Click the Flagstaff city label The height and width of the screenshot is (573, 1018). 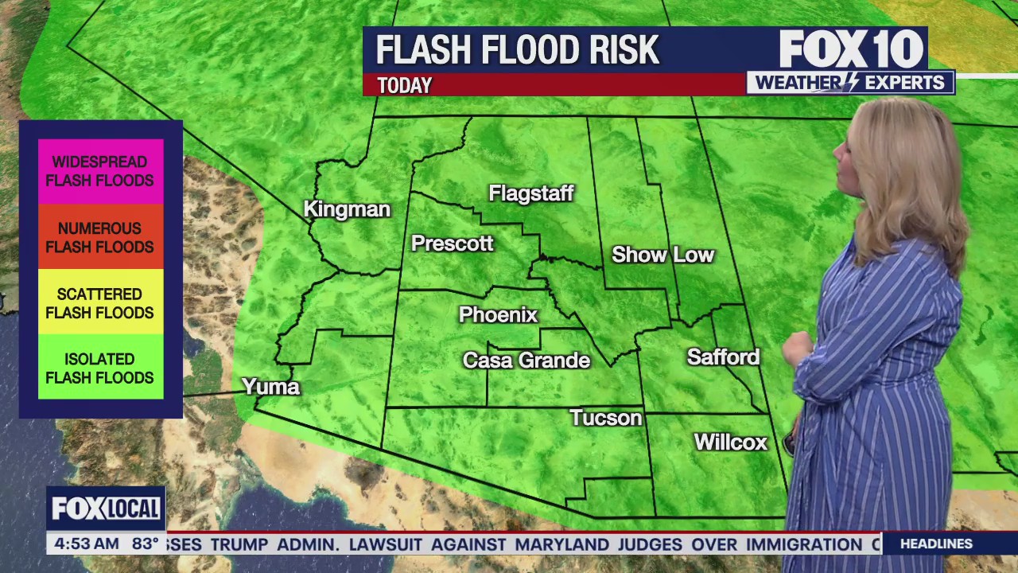pyautogui.click(x=530, y=193)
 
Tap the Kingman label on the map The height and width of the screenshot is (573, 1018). pyautogui.click(x=347, y=209)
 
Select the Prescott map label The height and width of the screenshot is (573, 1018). pyautogui.click(x=452, y=244)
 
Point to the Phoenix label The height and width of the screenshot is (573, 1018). pyautogui.click(x=498, y=315)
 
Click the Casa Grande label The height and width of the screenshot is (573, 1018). pyautogui.click(x=526, y=361)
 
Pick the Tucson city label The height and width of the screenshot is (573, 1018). pyautogui.click(x=605, y=418)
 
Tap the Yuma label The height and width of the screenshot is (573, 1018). pyautogui.click(x=270, y=387)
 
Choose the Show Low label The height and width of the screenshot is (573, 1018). pyautogui.click(x=662, y=255)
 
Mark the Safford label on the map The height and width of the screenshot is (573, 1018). pyautogui.click(x=723, y=357)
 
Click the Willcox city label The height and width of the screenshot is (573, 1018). pyautogui.click(x=730, y=442)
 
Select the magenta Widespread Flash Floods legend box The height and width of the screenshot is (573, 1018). pyautogui.click(x=100, y=171)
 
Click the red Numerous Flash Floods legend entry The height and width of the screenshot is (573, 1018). pyautogui.click(x=100, y=237)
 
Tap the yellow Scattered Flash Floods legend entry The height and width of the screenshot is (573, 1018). pyautogui.click(x=100, y=303)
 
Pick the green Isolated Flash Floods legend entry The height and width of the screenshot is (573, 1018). pyautogui.click(x=100, y=368)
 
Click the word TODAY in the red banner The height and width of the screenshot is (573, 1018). pyautogui.click(x=404, y=85)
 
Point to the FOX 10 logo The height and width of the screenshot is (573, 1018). pyautogui.click(x=850, y=49)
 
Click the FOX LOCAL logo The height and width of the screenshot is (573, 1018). pyautogui.click(x=106, y=509)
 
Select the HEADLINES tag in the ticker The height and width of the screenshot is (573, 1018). pyautogui.click(x=936, y=544)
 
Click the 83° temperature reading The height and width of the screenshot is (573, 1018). pyautogui.click(x=146, y=544)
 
